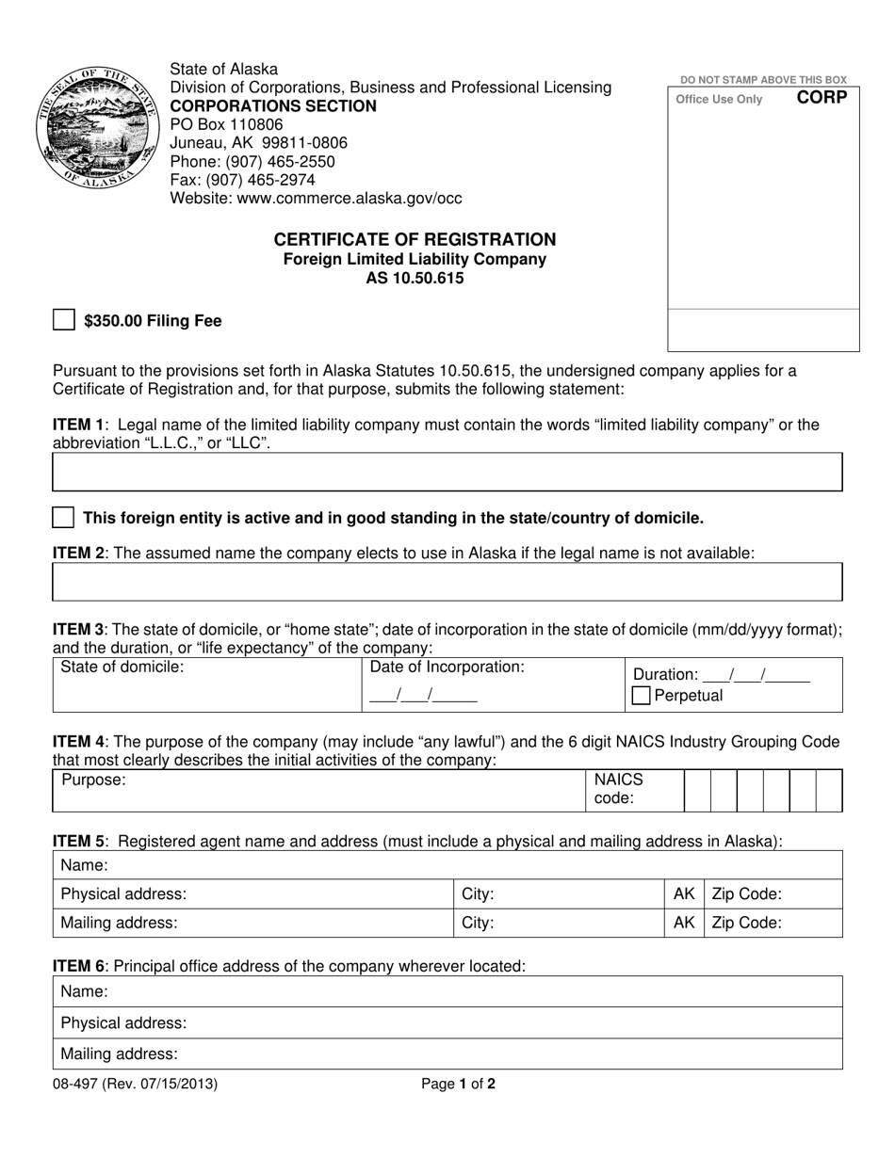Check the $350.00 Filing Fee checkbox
tap(63, 320)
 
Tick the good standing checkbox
tap(63, 517)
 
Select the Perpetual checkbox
tap(641, 696)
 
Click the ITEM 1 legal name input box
tap(447, 472)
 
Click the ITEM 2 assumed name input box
tap(447, 582)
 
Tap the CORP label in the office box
tap(822, 97)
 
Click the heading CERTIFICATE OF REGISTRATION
tap(415, 239)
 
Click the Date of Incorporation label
tap(447, 667)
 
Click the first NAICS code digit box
tap(697, 790)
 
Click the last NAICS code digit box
tap(829, 790)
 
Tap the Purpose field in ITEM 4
tap(320, 790)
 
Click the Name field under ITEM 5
tap(447, 864)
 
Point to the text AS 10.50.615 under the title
tap(415, 278)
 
